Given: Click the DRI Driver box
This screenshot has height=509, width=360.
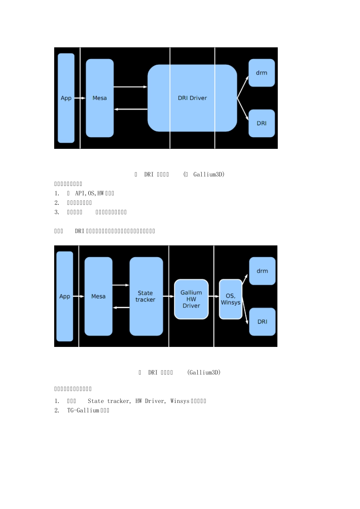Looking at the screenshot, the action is pyautogui.click(x=192, y=98).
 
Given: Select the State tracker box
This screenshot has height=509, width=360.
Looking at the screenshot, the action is pyautogui.click(x=146, y=296).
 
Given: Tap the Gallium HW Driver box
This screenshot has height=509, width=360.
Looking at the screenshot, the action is pyautogui.click(x=191, y=299).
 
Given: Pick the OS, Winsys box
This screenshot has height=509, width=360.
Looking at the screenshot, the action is pyautogui.click(x=230, y=299).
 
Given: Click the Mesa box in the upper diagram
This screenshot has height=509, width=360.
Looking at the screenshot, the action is pyautogui.click(x=100, y=98).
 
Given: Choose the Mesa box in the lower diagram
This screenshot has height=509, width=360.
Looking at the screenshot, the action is pyautogui.click(x=98, y=297).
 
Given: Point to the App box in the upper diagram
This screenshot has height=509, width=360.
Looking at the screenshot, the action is pyautogui.click(x=66, y=98).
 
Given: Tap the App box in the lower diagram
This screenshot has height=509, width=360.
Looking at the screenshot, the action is pyautogui.click(x=64, y=297).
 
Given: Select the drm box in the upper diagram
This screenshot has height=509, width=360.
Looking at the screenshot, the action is pyautogui.click(x=261, y=73).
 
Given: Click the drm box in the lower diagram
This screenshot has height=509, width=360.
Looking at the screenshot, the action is pyautogui.click(x=262, y=271).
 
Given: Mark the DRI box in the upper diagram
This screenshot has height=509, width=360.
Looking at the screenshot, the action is pyautogui.click(x=261, y=123).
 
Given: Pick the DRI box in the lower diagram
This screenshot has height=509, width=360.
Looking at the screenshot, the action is pyautogui.click(x=262, y=322).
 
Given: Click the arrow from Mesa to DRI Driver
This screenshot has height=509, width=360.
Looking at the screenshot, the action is pyautogui.click(x=130, y=87).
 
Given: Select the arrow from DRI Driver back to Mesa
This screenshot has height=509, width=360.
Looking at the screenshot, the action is pyautogui.click(x=130, y=109).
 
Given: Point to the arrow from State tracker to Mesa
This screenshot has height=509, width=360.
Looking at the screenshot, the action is pyautogui.click(x=121, y=308).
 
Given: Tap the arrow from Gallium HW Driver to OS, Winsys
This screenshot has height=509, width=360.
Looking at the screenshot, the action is pyautogui.click(x=214, y=297).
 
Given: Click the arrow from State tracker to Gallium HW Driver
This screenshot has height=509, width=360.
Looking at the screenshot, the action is pyautogui.click(x=169, y=297).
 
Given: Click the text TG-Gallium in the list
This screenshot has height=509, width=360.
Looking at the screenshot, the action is pyautogui.click(x=83, y=411).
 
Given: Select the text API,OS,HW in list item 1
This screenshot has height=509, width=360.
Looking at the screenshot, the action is pyautogui.click(x=89, y=194).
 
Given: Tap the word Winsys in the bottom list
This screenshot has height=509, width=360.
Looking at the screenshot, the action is pyautogui.click(x=180, y=401).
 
